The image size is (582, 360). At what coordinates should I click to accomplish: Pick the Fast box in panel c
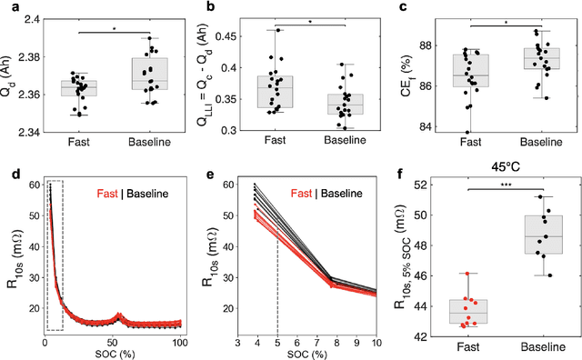coord(470,70)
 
